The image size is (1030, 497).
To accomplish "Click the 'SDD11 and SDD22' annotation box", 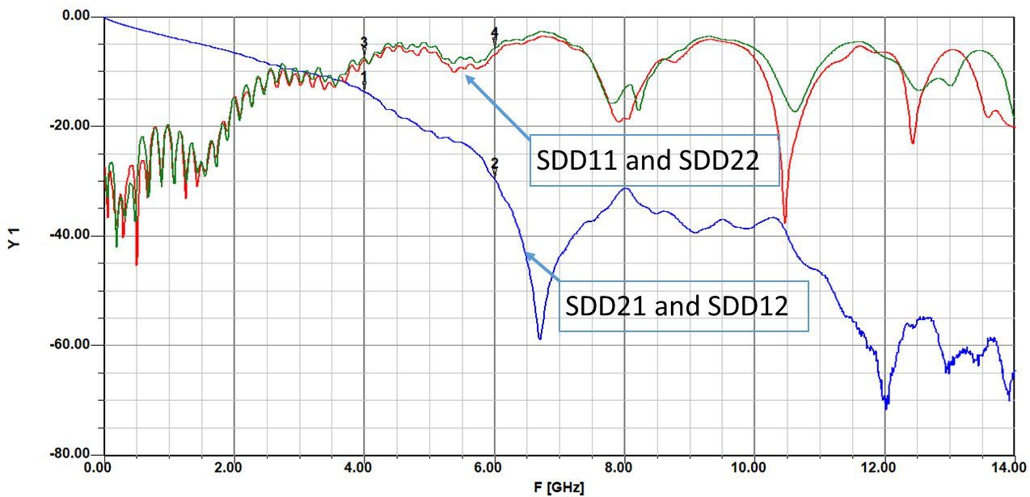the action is click(x=654, y=161).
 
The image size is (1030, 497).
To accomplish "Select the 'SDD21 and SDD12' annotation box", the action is click(x=683, y=306).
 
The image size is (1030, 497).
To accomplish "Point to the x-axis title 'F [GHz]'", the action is click(x=559, y=486).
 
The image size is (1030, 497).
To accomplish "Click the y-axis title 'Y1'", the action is click(x=15, y=238).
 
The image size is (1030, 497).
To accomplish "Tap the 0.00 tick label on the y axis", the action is click(x=76, y=15).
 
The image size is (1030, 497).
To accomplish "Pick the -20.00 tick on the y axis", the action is click(x=70, y=125).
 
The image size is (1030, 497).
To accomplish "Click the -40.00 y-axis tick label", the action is click(x=70, y=234).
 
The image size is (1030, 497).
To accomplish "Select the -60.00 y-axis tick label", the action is click(x=70, y=344).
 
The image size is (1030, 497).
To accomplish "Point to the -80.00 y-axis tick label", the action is click(x=70, y=453).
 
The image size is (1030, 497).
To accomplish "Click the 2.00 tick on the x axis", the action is click(x=228, y=468).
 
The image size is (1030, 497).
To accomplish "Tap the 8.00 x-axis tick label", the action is click(x=618, y=468).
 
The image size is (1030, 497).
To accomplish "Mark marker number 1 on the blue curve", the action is click(x=364, y=79).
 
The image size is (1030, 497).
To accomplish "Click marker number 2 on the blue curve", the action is click(x=494, y=166).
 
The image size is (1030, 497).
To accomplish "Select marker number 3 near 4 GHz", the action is click(x=364, y=46).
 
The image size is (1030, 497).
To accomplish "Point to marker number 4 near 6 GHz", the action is click(x=494, y=36).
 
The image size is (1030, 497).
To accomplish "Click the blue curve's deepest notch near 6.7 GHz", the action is click(x=540, y=338).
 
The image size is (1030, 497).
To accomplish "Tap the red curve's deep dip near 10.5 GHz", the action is click(x=784, y=221).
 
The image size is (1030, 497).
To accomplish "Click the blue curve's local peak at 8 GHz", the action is click(x=625, y=188).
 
